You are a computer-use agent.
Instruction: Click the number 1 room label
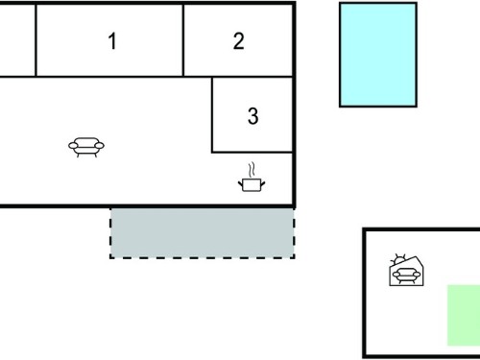[112, 41]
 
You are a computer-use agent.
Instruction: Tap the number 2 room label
[239, 41]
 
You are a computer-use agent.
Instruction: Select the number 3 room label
[252, 116]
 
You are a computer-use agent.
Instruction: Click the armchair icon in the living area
[86, 147]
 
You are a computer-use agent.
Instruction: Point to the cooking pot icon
[252, 184]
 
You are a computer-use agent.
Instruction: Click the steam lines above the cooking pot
[252, 169]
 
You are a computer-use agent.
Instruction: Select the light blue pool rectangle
[378, 55]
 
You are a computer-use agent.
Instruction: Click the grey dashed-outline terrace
[203, 233]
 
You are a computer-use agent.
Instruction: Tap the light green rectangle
[464, 315]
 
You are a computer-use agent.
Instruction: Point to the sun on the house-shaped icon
[398, 258]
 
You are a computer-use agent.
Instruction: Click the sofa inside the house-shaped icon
[406, 276]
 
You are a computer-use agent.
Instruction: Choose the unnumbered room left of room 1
[17, 40]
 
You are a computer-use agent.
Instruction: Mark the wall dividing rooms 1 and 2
[183, 40]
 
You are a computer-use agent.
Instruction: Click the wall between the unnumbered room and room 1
[36, 40]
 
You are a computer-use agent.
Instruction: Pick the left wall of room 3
[212, 115]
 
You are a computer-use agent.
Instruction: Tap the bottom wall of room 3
[252, 152]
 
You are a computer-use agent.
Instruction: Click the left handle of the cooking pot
[240, 184]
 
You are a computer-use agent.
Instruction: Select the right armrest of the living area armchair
[100, 146]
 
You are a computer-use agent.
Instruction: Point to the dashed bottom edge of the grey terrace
[203, 257]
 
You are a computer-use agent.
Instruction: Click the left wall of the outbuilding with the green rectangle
[364, 293]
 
